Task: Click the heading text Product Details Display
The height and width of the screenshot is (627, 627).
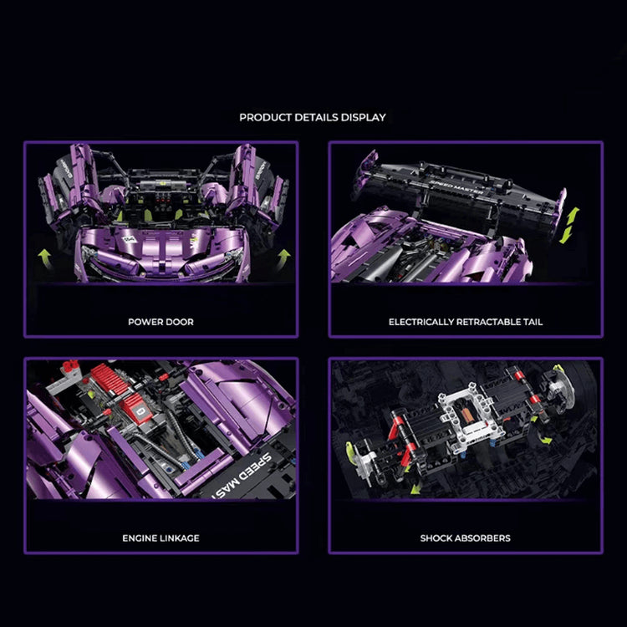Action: pos(313,117)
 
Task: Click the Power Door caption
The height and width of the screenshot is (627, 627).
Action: pos(161,322)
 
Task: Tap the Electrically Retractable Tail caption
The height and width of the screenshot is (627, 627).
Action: pos(466,322)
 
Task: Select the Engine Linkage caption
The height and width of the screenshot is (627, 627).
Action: pos(161,538)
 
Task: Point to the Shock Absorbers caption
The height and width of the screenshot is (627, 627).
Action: pos(466,538)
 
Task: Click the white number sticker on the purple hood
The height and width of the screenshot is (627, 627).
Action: pos(130,241)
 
